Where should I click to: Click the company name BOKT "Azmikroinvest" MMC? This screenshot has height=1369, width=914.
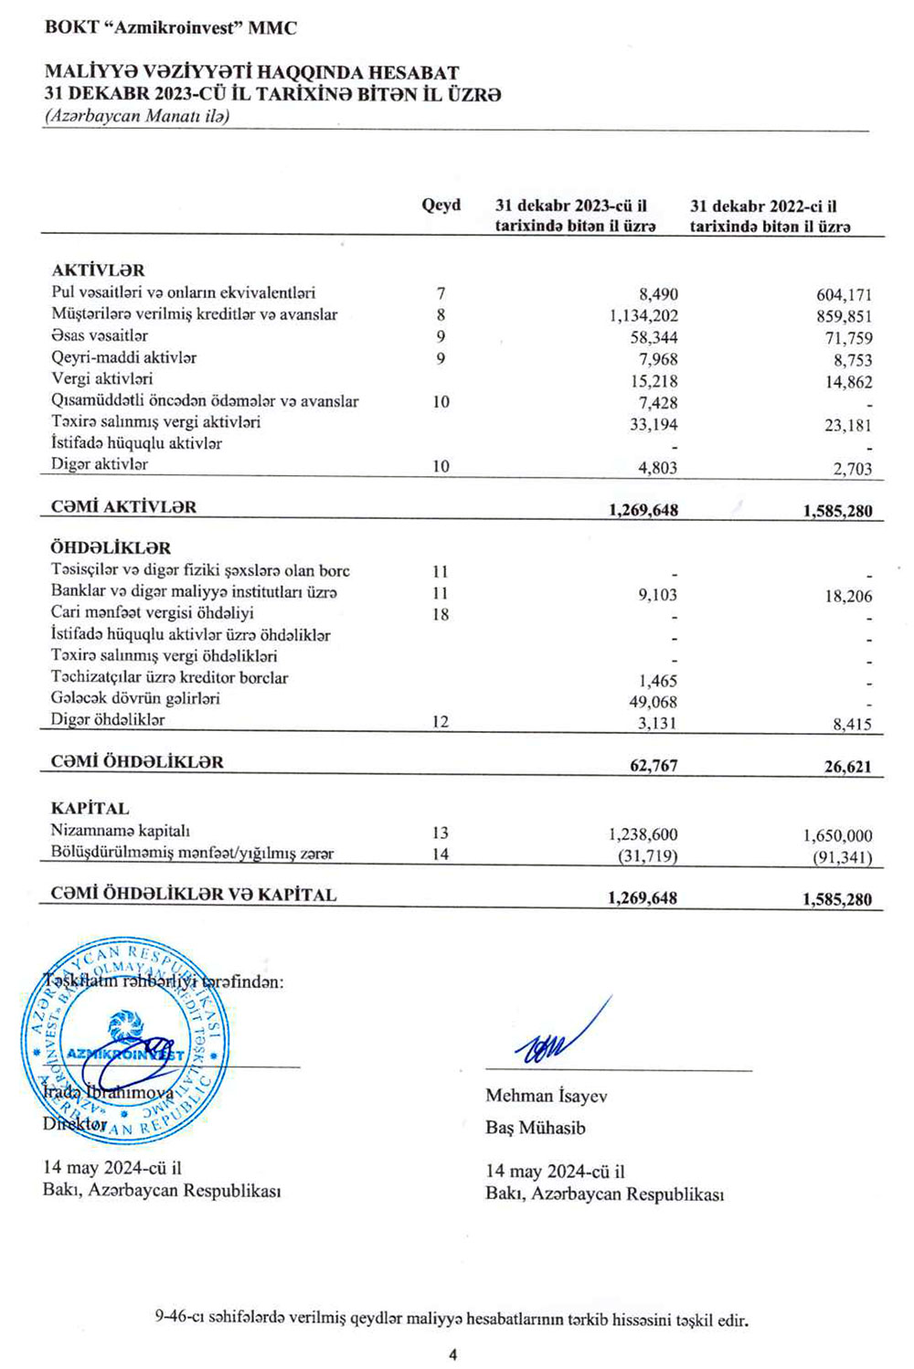coord(170,28)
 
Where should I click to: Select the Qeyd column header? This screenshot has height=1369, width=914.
coord(441,206)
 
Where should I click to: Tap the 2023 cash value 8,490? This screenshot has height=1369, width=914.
coord(658,294)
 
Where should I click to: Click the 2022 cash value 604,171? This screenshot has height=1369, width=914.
coord(844,295)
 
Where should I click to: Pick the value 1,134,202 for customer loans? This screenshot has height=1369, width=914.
coord(643,316)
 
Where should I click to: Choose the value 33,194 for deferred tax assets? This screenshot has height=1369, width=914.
coord(654,425)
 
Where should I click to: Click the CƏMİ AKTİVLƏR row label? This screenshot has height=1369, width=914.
coord(123,507)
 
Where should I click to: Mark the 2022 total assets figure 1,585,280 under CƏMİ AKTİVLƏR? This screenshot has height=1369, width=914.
coord(837,512)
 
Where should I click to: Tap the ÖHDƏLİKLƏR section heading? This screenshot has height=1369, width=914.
coord(111,548)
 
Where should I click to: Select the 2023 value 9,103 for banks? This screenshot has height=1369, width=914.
coord(658,596)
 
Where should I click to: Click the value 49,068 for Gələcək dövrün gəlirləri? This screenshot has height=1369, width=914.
coord(654,703)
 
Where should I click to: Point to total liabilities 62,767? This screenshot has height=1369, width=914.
coord(654,766)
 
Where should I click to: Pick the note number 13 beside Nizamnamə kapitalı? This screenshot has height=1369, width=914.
coord(441,833)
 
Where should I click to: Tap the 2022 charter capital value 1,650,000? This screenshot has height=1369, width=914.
coord(837,836)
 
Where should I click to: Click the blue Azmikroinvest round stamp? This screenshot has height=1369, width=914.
coord(125,1042)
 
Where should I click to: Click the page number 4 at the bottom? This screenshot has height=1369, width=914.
coord(453,1355)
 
